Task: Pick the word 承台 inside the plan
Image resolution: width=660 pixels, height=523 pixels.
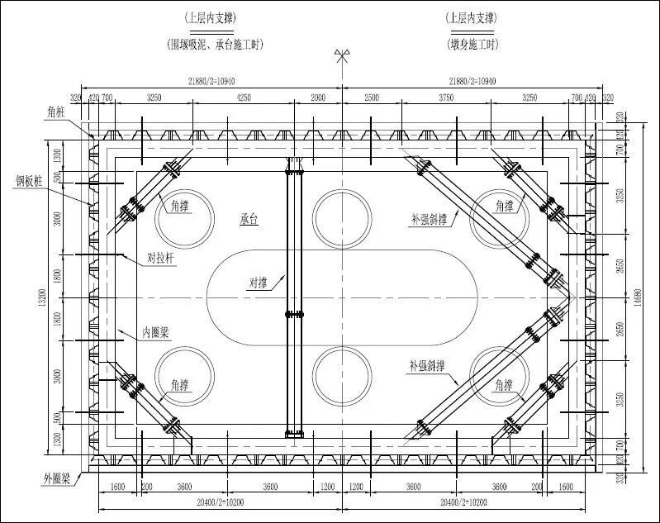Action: coord(249,219)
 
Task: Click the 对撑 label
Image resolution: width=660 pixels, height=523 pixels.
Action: coord(259,283)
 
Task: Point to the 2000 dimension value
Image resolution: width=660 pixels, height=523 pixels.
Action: coord(318,97)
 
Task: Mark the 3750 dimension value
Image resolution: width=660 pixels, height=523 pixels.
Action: coord(446,97)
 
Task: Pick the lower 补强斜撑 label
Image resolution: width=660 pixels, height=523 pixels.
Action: coord(431,364)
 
